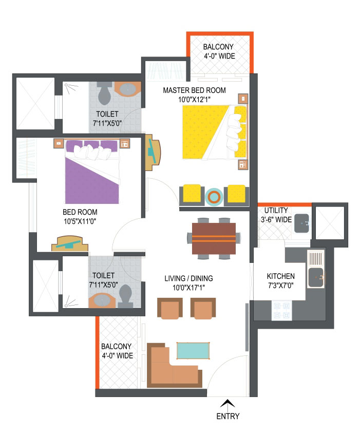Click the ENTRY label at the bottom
click(x=228, y=416)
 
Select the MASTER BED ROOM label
click(x=194, y=90)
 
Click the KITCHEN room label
click(x=280, y=276)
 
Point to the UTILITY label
click(x=276, y=210)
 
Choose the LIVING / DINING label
click(x=188, y=278)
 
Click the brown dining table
click(x=214, y=239)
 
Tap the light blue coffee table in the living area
click(x=193, y=351)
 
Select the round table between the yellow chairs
click(x=214, y=197)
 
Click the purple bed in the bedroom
click(x=92, y=172)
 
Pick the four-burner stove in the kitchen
click(x=281, y=310)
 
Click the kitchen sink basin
click(x=316, y=277)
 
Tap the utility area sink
click(x=301, y=223)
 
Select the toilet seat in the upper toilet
click(x=104, y=93)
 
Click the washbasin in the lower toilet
click(x=102, y=300)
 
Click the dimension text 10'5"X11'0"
click(x=80, y=221)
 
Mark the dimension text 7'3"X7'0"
click(x=280, y=286)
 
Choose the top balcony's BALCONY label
click(x=218, y=47)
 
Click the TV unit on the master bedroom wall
click(x=152, y=151)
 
